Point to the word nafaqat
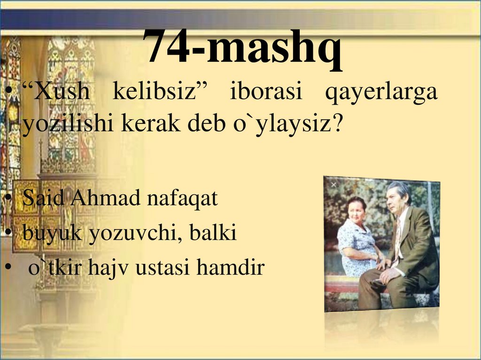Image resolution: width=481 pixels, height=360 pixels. (x=183, y=199)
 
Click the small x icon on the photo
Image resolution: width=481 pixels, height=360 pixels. (x=334, y=185)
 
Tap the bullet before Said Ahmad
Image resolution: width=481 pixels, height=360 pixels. (x=9, y=199)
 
